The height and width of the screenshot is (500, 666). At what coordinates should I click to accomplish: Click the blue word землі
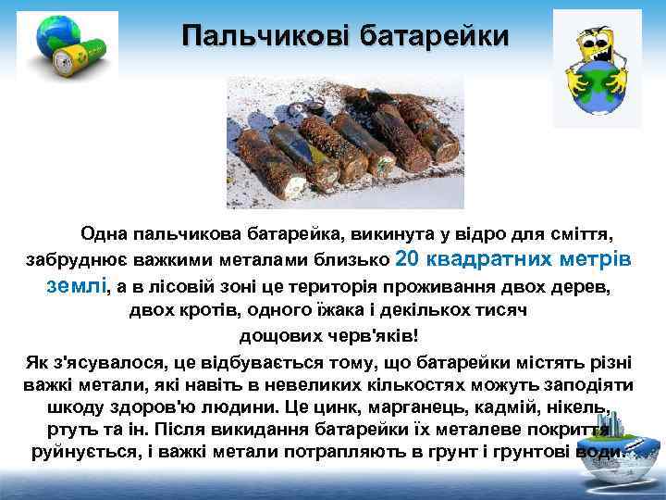76,285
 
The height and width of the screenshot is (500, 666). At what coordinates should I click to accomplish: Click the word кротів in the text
211,311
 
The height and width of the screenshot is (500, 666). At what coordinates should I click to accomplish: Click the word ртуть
68,431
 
